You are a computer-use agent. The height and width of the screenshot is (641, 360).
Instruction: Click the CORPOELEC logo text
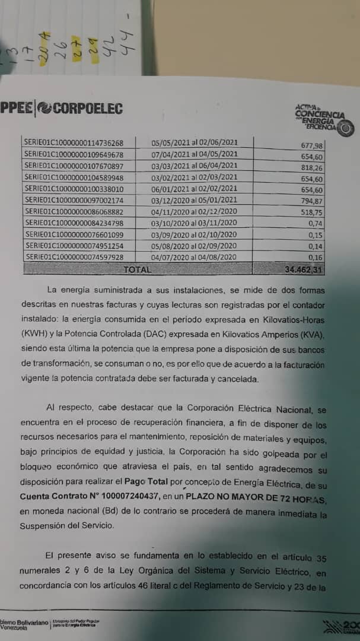(x=79, y=108)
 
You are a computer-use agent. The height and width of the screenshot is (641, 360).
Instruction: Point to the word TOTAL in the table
(x=137, y=269)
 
